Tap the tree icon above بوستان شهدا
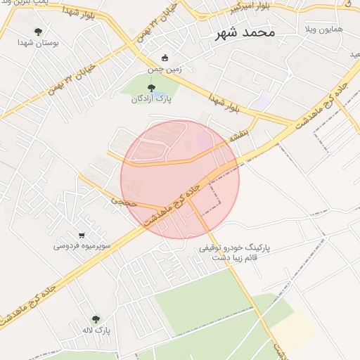(38, 32)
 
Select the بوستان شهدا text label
(38, 43)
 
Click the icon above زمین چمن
(165, 58)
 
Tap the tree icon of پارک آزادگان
(152, 88)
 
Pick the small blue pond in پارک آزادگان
(161, 95)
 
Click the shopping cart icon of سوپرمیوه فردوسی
(82, 236)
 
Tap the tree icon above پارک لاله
(96, 319)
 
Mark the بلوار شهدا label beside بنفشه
(225, 103)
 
